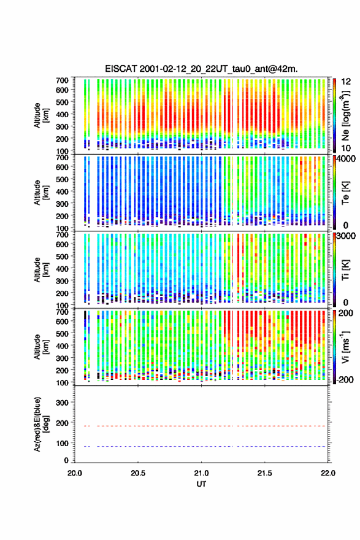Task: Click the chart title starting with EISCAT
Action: click(201, 69)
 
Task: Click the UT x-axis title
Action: click(201, 484)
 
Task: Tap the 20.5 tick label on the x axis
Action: click(138, 473)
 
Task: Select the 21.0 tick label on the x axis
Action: click(201, 473)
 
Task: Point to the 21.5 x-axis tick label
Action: click(264, 473)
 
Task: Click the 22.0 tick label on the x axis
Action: click(327, 473)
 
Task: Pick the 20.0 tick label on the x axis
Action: click(75, 473)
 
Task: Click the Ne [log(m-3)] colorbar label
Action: click(346, 115)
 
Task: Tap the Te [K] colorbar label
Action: click(345, 193)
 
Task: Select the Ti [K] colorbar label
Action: click(345, 270)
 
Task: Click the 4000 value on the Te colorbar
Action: click(346, 159)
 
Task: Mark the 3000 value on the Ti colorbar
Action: click(346, 236)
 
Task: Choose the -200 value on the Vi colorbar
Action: click(345, 379)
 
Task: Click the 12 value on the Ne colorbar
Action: click(346, 82)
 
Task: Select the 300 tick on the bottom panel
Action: click(62, 403)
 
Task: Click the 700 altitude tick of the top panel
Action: click(62, 80)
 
